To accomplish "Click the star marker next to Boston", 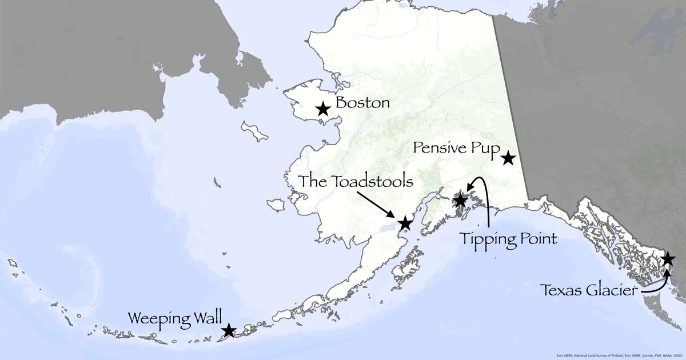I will pyautogui.click(x=323, y=108).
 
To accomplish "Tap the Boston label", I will pyautogui.click(x=362, y=103).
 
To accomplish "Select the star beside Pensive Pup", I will pyautogui.click(x=508, y=158).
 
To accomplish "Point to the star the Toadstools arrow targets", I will pyautogui.click(x=405, y=223).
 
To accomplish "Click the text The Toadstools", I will pyautogui.click(x=356, y=182).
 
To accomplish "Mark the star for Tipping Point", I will pyautogui.click(x=460, y=201).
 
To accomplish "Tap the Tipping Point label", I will pyautogui.click(x=508, y=238).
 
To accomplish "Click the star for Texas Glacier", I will pyautogui.click(x=667, y=259).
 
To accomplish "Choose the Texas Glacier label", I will pyautogui.click(x=589, y=291).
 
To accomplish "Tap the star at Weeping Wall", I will pyautogui.click(x=229, y=330).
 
